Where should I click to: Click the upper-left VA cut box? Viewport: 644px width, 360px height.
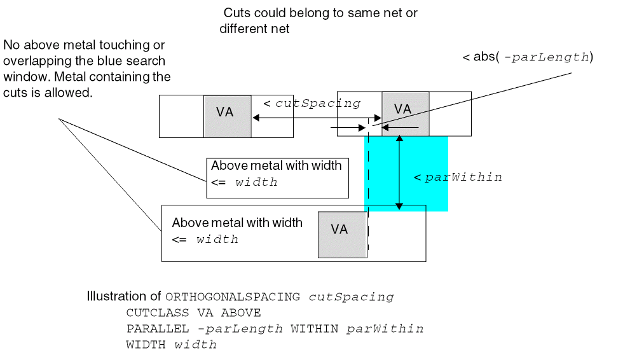click(228, 116)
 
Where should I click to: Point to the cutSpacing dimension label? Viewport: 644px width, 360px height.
click(318, 103)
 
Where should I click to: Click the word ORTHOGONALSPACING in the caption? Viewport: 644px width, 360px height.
click(233, 297)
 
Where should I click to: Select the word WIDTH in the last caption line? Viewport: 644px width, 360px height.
click(146, 345)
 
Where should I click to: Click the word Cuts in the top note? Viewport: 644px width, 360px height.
click(236, 13)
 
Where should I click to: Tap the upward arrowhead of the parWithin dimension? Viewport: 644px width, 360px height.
click(399, 141)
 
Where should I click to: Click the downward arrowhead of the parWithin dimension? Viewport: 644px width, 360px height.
click(399, 205)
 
